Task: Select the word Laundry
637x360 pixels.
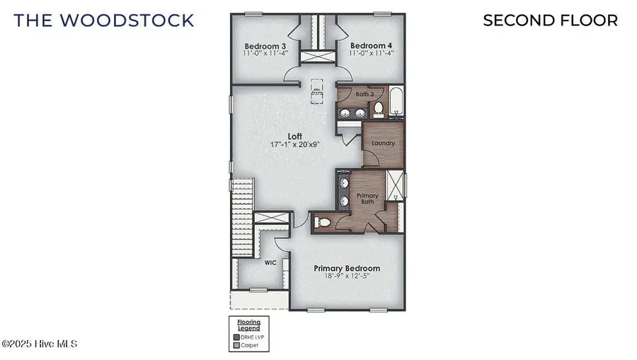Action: tap(383, 143)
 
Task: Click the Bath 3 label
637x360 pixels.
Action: tap(365, 94)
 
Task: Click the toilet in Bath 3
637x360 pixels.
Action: tap(378, 109)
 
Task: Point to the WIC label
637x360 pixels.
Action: tap(270, 262)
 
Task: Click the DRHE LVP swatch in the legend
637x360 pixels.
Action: tap(236, 337)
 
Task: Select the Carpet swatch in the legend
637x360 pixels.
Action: tap(236, 345)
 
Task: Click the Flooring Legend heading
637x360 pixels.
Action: tap(248, 326)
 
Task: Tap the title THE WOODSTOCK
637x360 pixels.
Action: tap(103, 20)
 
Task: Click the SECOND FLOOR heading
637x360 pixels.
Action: tap(550, 20)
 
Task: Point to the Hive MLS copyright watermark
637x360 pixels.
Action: tap(39, 344)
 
